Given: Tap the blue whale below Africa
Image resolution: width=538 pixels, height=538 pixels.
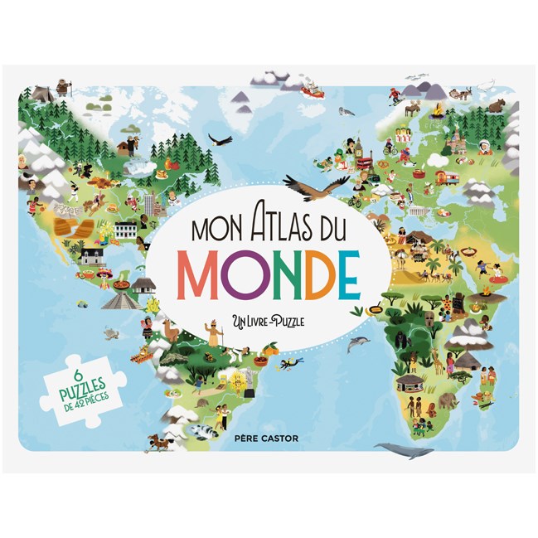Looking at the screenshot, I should click(402, 450).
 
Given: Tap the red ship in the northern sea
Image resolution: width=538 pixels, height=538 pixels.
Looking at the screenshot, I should click(311, 89).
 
